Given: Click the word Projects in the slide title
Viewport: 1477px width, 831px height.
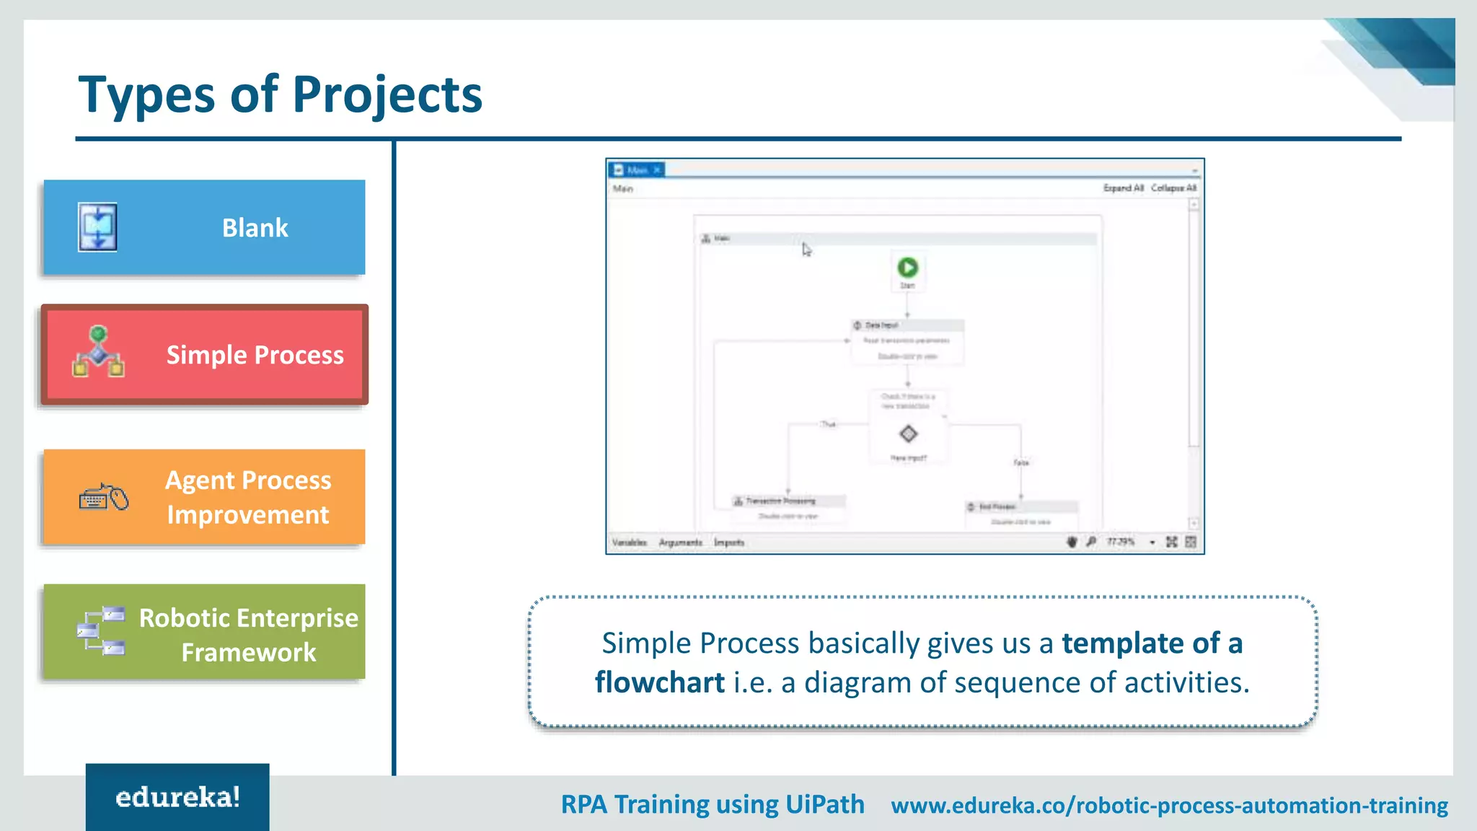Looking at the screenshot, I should (387, 95).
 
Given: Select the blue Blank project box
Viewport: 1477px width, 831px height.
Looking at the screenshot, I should (204, 227).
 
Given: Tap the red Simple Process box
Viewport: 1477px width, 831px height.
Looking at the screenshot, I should (204, 354).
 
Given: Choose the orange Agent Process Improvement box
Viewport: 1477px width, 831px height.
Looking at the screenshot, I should (204, 497).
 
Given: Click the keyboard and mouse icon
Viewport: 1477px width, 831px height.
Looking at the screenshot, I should (104, 498).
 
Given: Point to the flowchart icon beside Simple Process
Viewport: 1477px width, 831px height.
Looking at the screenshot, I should (99, 352).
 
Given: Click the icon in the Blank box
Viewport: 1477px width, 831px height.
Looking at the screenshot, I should (98, 227).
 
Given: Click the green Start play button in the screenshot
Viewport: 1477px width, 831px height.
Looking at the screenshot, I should (907, 268).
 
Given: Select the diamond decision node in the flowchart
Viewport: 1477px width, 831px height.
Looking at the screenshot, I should (908, 434).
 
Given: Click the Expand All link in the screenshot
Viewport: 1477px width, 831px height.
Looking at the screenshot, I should (1123, 188).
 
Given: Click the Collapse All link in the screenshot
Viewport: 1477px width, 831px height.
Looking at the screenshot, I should (1173, 188).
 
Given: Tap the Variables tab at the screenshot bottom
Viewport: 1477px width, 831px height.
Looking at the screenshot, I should (629, 542).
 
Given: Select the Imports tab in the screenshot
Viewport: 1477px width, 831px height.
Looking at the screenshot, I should (729, 542).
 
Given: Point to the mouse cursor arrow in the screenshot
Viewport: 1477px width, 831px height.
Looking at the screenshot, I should (806, 249).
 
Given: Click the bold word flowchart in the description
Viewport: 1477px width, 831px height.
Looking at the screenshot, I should (659, 682).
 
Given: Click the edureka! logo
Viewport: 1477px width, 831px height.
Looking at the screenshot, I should (177, 797).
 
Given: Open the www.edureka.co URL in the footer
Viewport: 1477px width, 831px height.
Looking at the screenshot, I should (1169, 805).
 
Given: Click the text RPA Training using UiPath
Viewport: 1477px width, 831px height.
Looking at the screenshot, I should (713, 804).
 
